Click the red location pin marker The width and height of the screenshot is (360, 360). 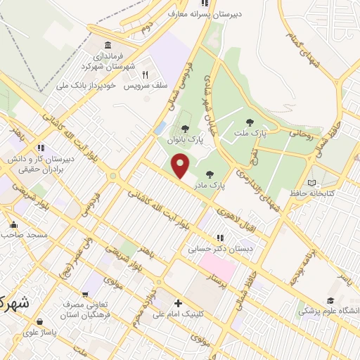coord(181,167)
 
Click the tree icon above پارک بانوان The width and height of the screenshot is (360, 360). coord(184,129)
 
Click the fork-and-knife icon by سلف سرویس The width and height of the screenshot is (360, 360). coord(145,74)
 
